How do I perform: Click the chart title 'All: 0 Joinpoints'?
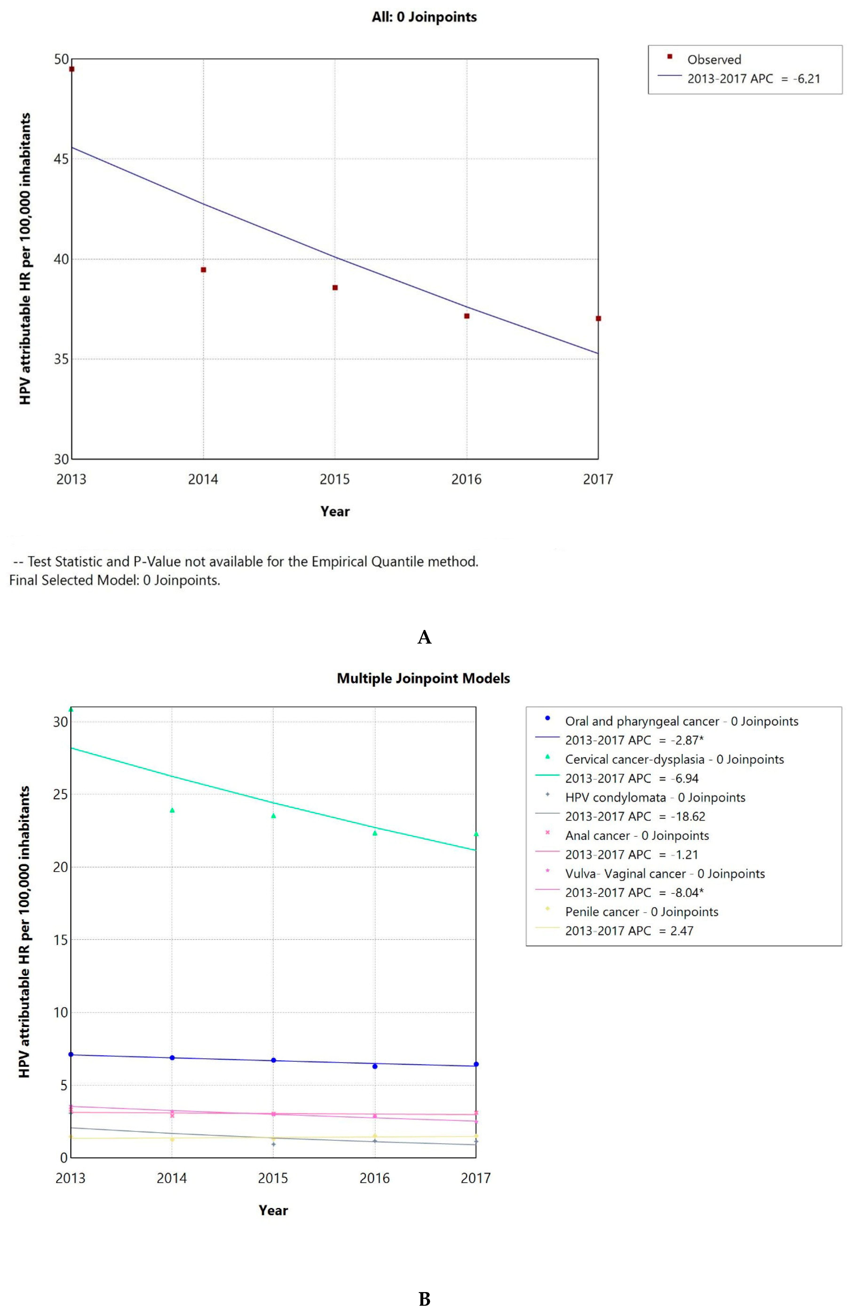(x=424, y=17)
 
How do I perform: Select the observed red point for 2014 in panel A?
(x=203, y=270)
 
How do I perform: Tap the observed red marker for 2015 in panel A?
(x=335, y=287)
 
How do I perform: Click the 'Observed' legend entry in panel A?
(x=714, y=60)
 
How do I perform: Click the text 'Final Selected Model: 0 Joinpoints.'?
(x=115, y=580)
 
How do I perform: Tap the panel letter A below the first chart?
(x=424, y=637)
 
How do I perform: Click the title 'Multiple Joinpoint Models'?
(x=423, y=679)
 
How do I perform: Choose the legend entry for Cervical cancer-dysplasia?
(x=674, y=760)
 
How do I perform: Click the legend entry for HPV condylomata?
(x=655, y=798)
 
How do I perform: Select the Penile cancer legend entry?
(x=641, y=912)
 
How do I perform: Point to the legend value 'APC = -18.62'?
(x=635, y=817)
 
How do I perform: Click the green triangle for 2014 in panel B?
(x=172, y=810)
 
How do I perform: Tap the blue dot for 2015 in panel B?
(x=273, y=1060)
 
